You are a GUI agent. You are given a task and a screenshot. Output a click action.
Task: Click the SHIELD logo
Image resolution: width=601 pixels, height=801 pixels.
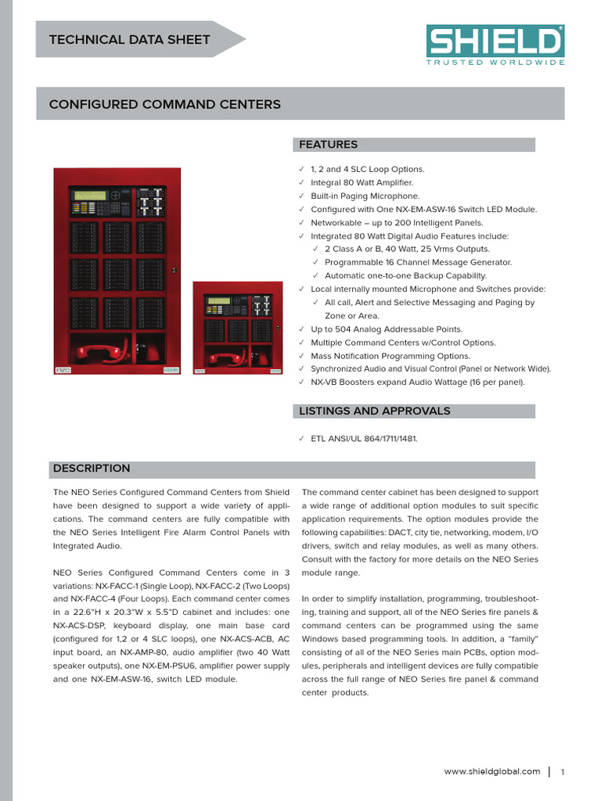tap(495, 41)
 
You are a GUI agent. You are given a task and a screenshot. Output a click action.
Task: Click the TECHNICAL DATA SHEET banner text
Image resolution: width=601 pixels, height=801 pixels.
tap(129, 40)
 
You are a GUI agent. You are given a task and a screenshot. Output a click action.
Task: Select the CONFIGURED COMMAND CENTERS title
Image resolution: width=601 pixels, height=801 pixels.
tap(165, 104)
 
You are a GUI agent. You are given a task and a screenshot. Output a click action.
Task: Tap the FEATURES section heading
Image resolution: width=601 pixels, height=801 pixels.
tap(329, 145)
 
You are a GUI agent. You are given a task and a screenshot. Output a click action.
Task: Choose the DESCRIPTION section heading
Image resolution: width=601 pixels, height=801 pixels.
tap(92, 469)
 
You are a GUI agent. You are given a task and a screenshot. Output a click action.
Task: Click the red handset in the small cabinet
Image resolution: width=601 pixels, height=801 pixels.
tap(227, 359)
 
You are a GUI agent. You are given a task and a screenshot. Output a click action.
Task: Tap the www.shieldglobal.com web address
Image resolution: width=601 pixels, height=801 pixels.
tap(492, 771)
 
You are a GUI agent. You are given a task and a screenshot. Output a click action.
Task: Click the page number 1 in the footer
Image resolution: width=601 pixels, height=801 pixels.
tap(563, 772)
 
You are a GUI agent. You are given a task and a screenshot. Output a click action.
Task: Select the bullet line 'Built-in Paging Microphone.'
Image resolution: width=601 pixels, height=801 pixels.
tap(365, 196)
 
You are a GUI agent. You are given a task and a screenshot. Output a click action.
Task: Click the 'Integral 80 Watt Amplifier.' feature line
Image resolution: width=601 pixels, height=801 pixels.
tap(362, 183)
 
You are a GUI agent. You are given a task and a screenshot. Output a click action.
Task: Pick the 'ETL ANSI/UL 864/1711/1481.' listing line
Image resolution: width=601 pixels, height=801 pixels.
tap(364, 439)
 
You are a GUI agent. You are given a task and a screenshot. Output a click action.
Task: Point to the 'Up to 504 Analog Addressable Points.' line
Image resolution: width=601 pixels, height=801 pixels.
tap(387, 329)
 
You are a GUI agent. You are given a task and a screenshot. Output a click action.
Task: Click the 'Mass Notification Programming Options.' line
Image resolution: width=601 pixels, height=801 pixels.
tap(390, 356)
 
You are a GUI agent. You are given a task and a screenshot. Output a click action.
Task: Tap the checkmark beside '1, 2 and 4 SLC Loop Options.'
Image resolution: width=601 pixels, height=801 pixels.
tap(302, 170)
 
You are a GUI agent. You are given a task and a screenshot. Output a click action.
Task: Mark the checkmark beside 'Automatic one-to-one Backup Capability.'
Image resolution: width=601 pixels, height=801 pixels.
tap(316, 276)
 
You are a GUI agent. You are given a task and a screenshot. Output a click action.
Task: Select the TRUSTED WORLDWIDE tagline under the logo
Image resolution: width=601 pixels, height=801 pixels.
tap(495, 63)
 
